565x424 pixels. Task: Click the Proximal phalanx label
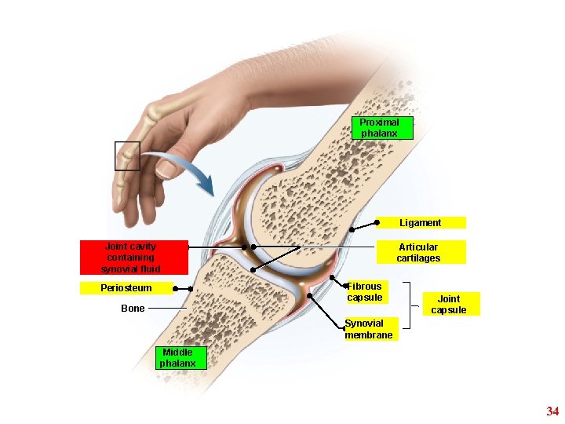click(x=380, y=128)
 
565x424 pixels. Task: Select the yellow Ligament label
click(x=421, y=222)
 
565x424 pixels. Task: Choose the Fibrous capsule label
click(x=365, y=291)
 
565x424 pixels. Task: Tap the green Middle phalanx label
click(x=179, y=358)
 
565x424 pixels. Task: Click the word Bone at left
click(x=133, y=309)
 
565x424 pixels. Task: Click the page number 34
click(x=552, y=411)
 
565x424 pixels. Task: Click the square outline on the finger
click(x=127, y=155)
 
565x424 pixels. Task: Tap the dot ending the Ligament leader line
click(x=352, y=228)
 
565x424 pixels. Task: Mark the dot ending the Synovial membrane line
click(x=311, y=295)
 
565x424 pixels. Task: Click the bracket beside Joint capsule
click(x=410, y=305)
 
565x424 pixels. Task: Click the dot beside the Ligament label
click(x=377, y=222)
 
